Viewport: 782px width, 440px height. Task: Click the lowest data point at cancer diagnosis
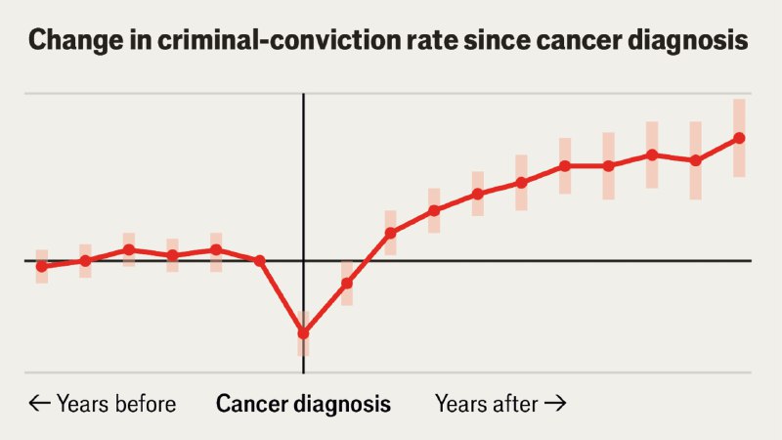303,333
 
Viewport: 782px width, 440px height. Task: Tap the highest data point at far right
739,138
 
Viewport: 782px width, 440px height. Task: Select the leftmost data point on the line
41,266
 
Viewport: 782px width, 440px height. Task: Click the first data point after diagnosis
347,283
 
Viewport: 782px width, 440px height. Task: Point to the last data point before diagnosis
260,260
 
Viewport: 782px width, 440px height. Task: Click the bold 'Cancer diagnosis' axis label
303,404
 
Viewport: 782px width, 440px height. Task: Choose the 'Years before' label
116,404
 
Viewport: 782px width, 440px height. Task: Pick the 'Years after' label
487,404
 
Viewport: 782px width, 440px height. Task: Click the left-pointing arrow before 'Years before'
39,404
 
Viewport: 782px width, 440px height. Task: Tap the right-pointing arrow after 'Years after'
555,404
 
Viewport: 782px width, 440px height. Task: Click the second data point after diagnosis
390,233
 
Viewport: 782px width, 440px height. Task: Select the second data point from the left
85,261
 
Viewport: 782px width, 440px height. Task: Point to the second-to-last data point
695,160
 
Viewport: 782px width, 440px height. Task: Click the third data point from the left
129,249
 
